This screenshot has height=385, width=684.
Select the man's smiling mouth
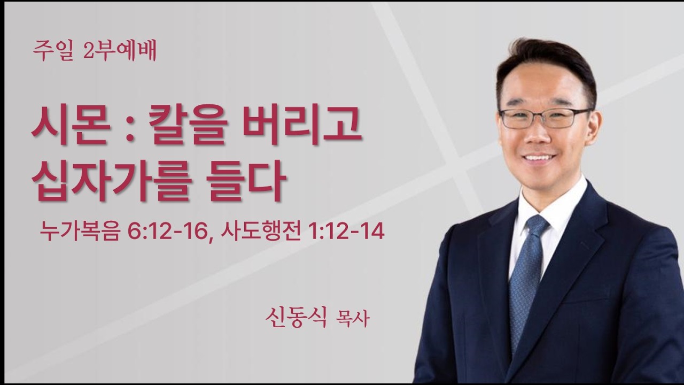pyautogui.click(x=540, y=158)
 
